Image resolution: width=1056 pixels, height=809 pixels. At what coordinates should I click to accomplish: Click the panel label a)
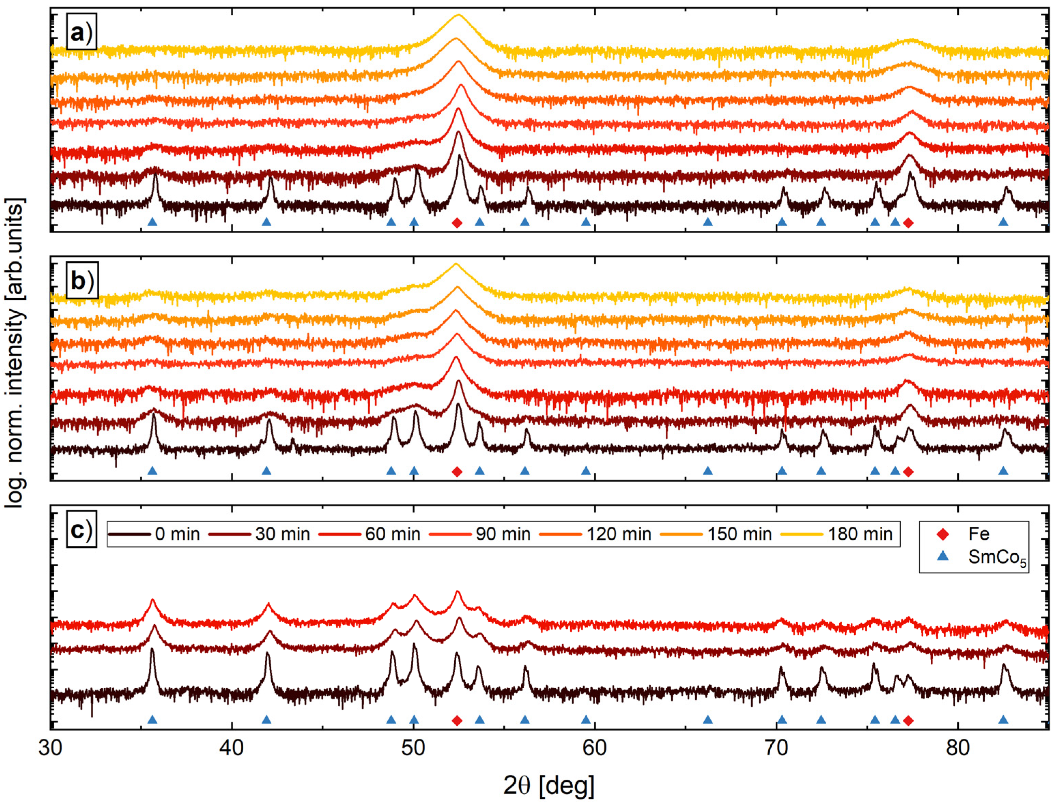(81, 33)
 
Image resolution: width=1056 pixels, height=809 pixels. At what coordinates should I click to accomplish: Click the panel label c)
(81, 530)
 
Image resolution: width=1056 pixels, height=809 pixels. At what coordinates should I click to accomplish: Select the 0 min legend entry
(154, 534)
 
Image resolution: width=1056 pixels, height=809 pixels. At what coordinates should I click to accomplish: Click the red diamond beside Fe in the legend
(942, 534)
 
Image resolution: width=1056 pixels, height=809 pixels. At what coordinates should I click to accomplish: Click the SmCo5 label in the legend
(997, 557)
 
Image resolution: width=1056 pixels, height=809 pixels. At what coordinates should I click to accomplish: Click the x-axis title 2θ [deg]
(549, 786)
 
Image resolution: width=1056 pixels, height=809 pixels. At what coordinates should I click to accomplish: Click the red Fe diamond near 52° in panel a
(457, 223)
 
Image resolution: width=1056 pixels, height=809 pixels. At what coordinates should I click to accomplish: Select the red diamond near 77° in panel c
(908, 720)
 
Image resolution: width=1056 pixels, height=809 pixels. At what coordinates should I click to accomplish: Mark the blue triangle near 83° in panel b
(1003, 470)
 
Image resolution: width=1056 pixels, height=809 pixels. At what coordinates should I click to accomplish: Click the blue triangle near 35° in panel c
(152, 720)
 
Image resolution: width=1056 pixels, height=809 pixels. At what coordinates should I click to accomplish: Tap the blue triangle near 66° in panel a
(708, 222)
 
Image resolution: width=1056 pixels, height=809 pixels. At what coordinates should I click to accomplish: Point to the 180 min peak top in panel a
(458, 15)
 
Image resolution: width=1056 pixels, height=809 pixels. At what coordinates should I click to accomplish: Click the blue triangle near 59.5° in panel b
(586, 470)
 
